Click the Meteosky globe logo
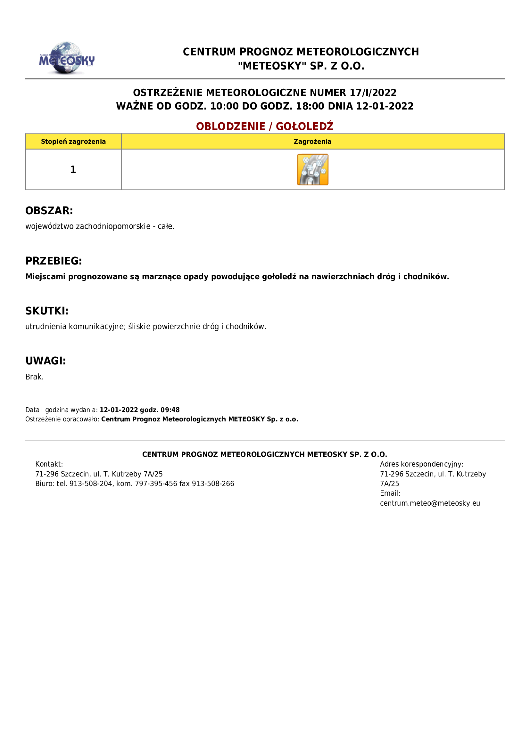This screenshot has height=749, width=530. coord(67,58)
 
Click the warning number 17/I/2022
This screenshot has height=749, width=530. coord(373,93)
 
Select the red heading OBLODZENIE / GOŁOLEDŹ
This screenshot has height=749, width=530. coord(265,126)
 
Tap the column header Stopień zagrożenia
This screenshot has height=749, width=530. coord(73,142)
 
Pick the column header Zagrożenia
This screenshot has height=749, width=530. coord(312,142)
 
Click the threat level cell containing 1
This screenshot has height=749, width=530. coord(73,169)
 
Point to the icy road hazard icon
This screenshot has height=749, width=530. coord(313,170)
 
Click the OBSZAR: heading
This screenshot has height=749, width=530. coord(49,211)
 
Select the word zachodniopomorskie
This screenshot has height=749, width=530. coord(113,226)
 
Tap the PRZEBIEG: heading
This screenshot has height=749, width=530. coord(54,261)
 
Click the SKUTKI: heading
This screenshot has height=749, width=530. coord(47,311)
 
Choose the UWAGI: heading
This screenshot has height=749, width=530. coord(46,361)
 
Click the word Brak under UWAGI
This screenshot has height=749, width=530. coord(34,377)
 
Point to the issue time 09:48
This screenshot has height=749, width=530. coord(170,410)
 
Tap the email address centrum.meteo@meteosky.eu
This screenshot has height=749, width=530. coord(430,503)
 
